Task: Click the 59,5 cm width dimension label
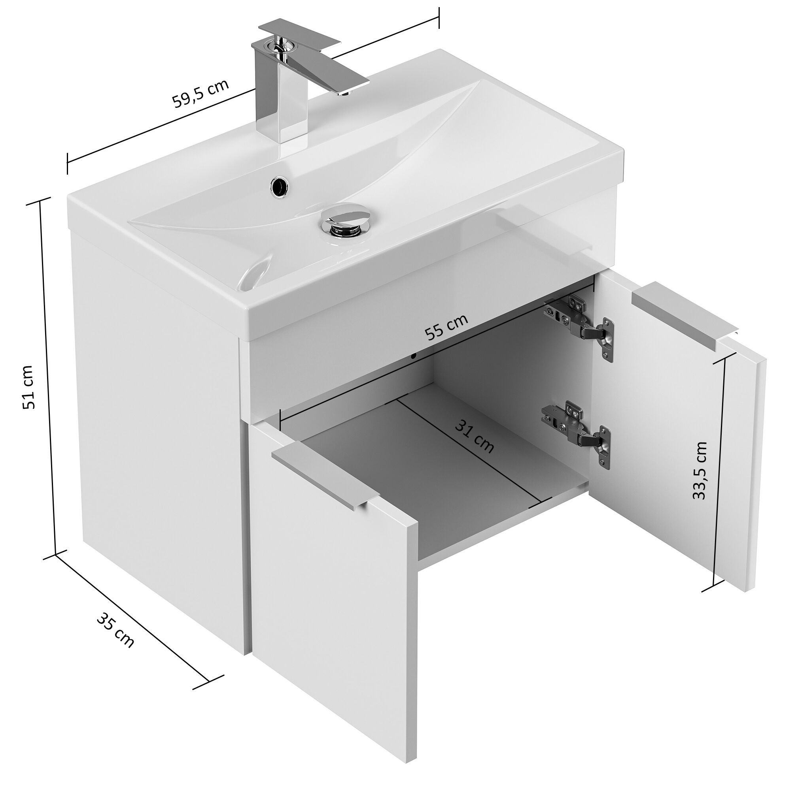200,93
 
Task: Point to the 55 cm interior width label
446,327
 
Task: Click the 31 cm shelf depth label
475,437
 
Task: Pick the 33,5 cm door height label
700,471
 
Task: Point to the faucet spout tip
344,92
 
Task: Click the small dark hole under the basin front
413,355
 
